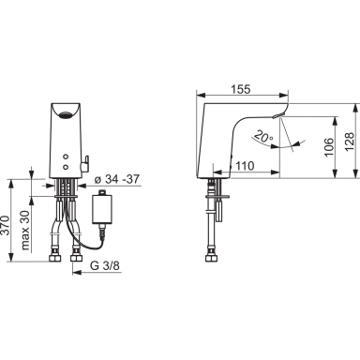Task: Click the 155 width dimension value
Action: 241,89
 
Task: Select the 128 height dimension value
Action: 350,142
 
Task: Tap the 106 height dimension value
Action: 329,147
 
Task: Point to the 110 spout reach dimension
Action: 245,166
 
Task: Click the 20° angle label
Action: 262,136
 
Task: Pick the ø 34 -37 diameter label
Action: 116,179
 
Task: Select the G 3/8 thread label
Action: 105,265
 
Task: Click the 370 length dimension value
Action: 6,225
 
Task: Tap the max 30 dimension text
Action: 25,231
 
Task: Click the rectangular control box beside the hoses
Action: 102,209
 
